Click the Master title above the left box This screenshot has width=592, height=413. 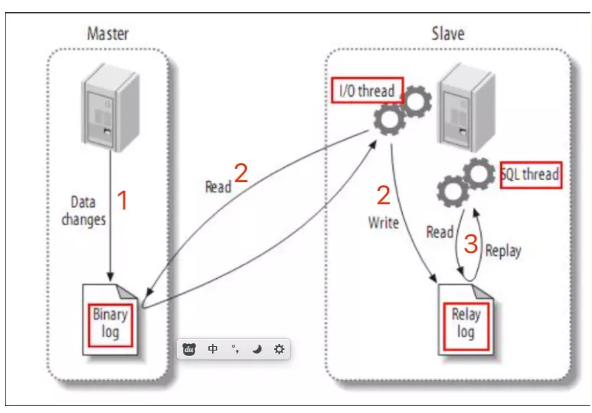click(108, 34)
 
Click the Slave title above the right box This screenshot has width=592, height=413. click(448, 34)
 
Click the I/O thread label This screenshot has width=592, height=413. click(367, 91)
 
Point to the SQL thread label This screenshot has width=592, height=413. click(531, 174)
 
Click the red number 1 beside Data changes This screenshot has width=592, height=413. click(123, 200)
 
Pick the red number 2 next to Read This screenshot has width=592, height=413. click(241, 173)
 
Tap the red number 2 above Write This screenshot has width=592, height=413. click(383, 195)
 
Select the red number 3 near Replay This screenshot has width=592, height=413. click(471, 244)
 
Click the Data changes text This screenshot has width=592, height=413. click(84, 211)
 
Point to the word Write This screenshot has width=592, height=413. click(383, 223)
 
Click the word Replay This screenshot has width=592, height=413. click(503, 251)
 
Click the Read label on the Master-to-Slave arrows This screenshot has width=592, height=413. click(218, 187)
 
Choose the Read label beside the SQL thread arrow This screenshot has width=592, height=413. click(440, 232)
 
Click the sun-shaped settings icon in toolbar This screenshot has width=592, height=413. click(279, 349)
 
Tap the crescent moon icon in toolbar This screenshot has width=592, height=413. click(257, 349)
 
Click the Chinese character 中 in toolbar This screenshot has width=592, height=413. click(212, 349)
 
